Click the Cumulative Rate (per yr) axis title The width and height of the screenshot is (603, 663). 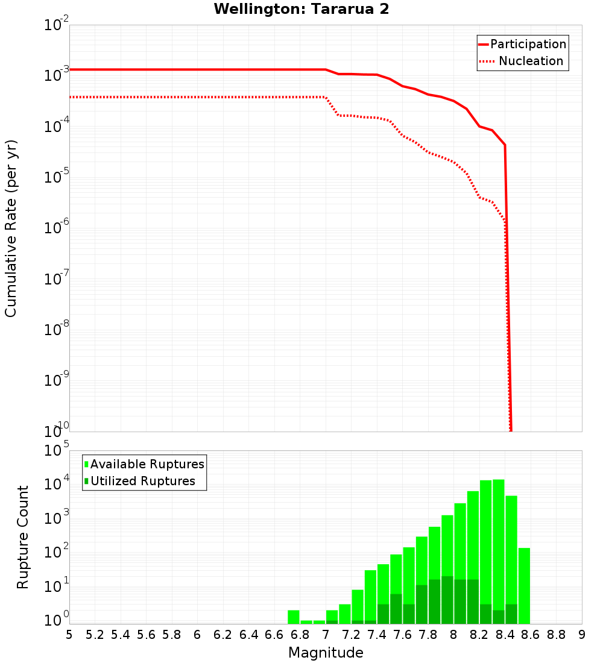[11, 228]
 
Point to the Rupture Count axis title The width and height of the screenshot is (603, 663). [23, 537]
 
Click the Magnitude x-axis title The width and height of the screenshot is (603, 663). [326, 653]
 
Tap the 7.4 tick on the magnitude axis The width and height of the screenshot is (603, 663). [377, 635]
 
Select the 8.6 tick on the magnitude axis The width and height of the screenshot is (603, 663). [531, 635]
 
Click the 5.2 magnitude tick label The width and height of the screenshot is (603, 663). [95, 635]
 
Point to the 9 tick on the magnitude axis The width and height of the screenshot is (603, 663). [582, 635]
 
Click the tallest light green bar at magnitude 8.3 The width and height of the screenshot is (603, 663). [499, 542]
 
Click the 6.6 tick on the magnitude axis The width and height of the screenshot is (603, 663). [274, 635]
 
